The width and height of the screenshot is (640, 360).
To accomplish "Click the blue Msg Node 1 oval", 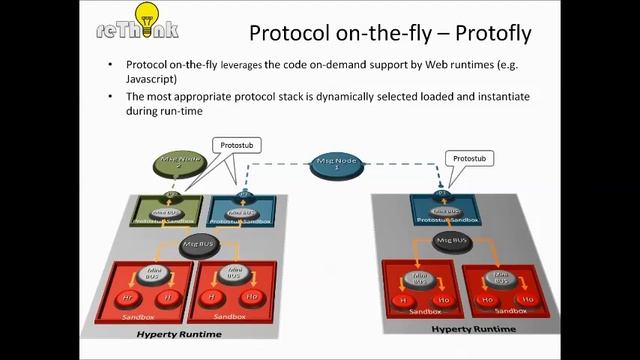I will (x=338, y=163).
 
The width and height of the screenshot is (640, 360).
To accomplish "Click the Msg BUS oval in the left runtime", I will (x=199, y=242).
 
